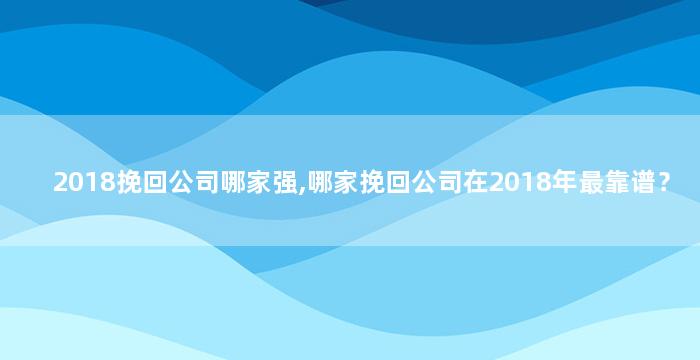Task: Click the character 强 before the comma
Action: pyautogui.click(x=285, y=183)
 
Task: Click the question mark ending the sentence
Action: pyautogui.click(x=663, y=183)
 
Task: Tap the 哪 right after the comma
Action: pyautogui.click(x=321, y=183)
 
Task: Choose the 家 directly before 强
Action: pyautogui.click(x=259, y=183)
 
